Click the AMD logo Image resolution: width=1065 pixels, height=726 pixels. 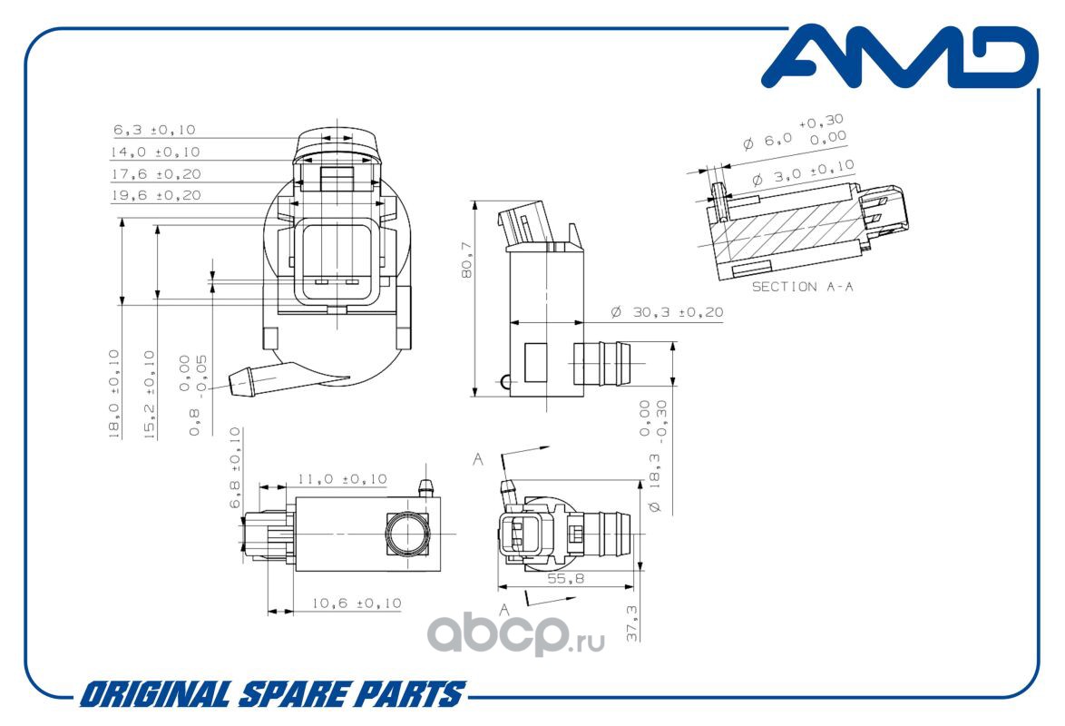point(900,57)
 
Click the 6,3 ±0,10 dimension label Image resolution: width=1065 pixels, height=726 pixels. point(154,129)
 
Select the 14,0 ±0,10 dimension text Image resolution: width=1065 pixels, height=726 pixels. point(155,152)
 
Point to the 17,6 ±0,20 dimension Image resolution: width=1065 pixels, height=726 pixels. point(156,174)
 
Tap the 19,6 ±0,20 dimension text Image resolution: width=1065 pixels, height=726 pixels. point(156,195)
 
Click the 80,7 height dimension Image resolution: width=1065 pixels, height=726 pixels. point(466,260)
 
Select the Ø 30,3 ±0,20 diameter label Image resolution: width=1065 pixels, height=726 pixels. point(667,312)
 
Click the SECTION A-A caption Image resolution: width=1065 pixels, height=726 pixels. point(802,287)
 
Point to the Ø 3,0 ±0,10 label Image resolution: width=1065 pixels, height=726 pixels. point(804,173)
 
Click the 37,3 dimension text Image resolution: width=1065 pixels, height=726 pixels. point(631,623)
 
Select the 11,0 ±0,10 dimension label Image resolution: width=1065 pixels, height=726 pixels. point(342,479)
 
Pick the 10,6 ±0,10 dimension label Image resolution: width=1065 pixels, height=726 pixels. point(357,603)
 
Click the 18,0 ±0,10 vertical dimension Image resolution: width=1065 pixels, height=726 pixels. point(114,394)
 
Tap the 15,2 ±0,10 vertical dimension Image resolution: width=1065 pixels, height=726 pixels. point(150,394)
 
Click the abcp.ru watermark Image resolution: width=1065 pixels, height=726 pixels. point(515,635)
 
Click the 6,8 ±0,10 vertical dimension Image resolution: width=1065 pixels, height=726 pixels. point(235,467)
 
